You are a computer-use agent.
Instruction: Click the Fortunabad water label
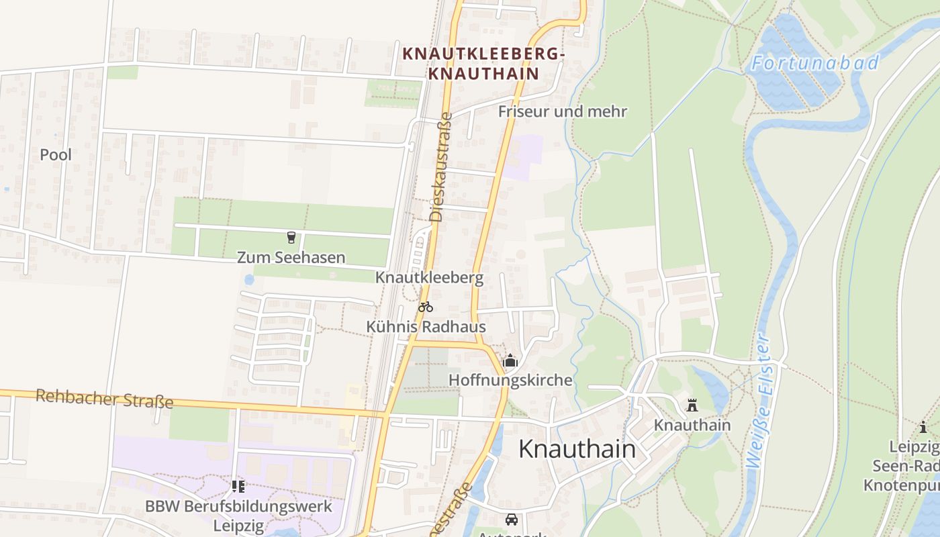(x=814, y=63)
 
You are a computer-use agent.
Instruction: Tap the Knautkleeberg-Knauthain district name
(x=483, y=64)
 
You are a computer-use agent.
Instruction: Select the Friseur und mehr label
(x=563, y=111)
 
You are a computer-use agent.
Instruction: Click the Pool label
(x=56, y=154)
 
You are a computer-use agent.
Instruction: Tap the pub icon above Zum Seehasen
(x=291, y=237)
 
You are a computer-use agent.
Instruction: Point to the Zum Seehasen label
(x=291, y=257)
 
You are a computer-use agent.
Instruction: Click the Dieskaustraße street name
(x=440, y=168)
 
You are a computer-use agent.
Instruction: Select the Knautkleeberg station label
(x=429, y=277)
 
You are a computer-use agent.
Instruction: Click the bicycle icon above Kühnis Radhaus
(x=426, y=307)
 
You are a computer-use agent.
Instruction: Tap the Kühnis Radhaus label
(x=426, y=327)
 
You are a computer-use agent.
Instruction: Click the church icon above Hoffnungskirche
(x=510, y=361)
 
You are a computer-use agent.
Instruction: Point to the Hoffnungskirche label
(x=510, y=381)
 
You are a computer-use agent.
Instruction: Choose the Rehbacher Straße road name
(x=104, y=399)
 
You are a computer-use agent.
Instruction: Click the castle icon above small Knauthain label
(x=692, y=405)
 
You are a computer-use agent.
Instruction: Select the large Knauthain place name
(x=577, y=449)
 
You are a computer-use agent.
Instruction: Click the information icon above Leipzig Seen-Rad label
(x=924, y=427)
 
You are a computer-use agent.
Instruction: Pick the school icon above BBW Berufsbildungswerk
(x=238, y=486)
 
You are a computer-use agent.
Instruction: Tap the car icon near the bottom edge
(x=512, y=519)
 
